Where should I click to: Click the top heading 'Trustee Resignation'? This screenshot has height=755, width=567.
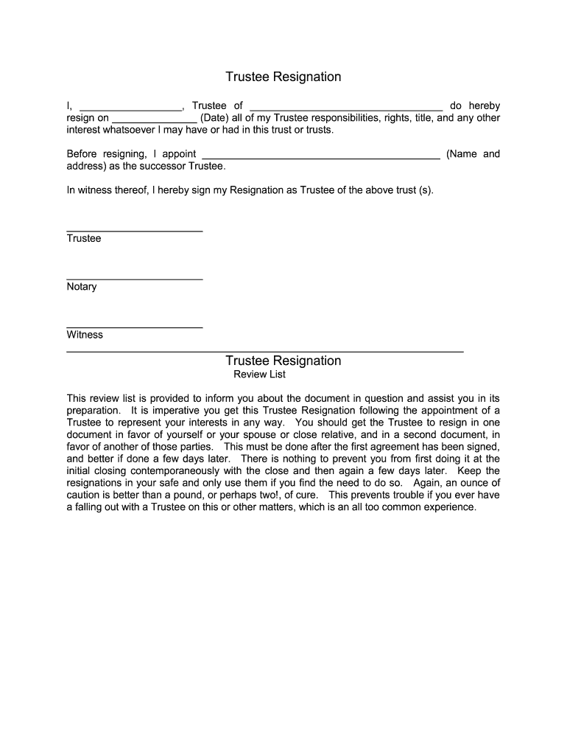pos(283,77)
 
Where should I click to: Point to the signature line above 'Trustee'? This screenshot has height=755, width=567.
pos(134,232)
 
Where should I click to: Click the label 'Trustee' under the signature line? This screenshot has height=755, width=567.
pos(84,239)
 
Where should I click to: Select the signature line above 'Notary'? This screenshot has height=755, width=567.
pos(134,279)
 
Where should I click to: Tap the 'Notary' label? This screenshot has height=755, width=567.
pos(82,287)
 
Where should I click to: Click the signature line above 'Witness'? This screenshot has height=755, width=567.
pos(134,327)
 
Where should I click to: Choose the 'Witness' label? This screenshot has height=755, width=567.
pos(85,335)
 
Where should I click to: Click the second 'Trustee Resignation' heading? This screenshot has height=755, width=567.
pos(283,361)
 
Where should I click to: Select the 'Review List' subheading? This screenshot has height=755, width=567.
pos(259,375)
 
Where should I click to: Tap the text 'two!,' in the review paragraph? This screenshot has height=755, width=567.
pos(283,495)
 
